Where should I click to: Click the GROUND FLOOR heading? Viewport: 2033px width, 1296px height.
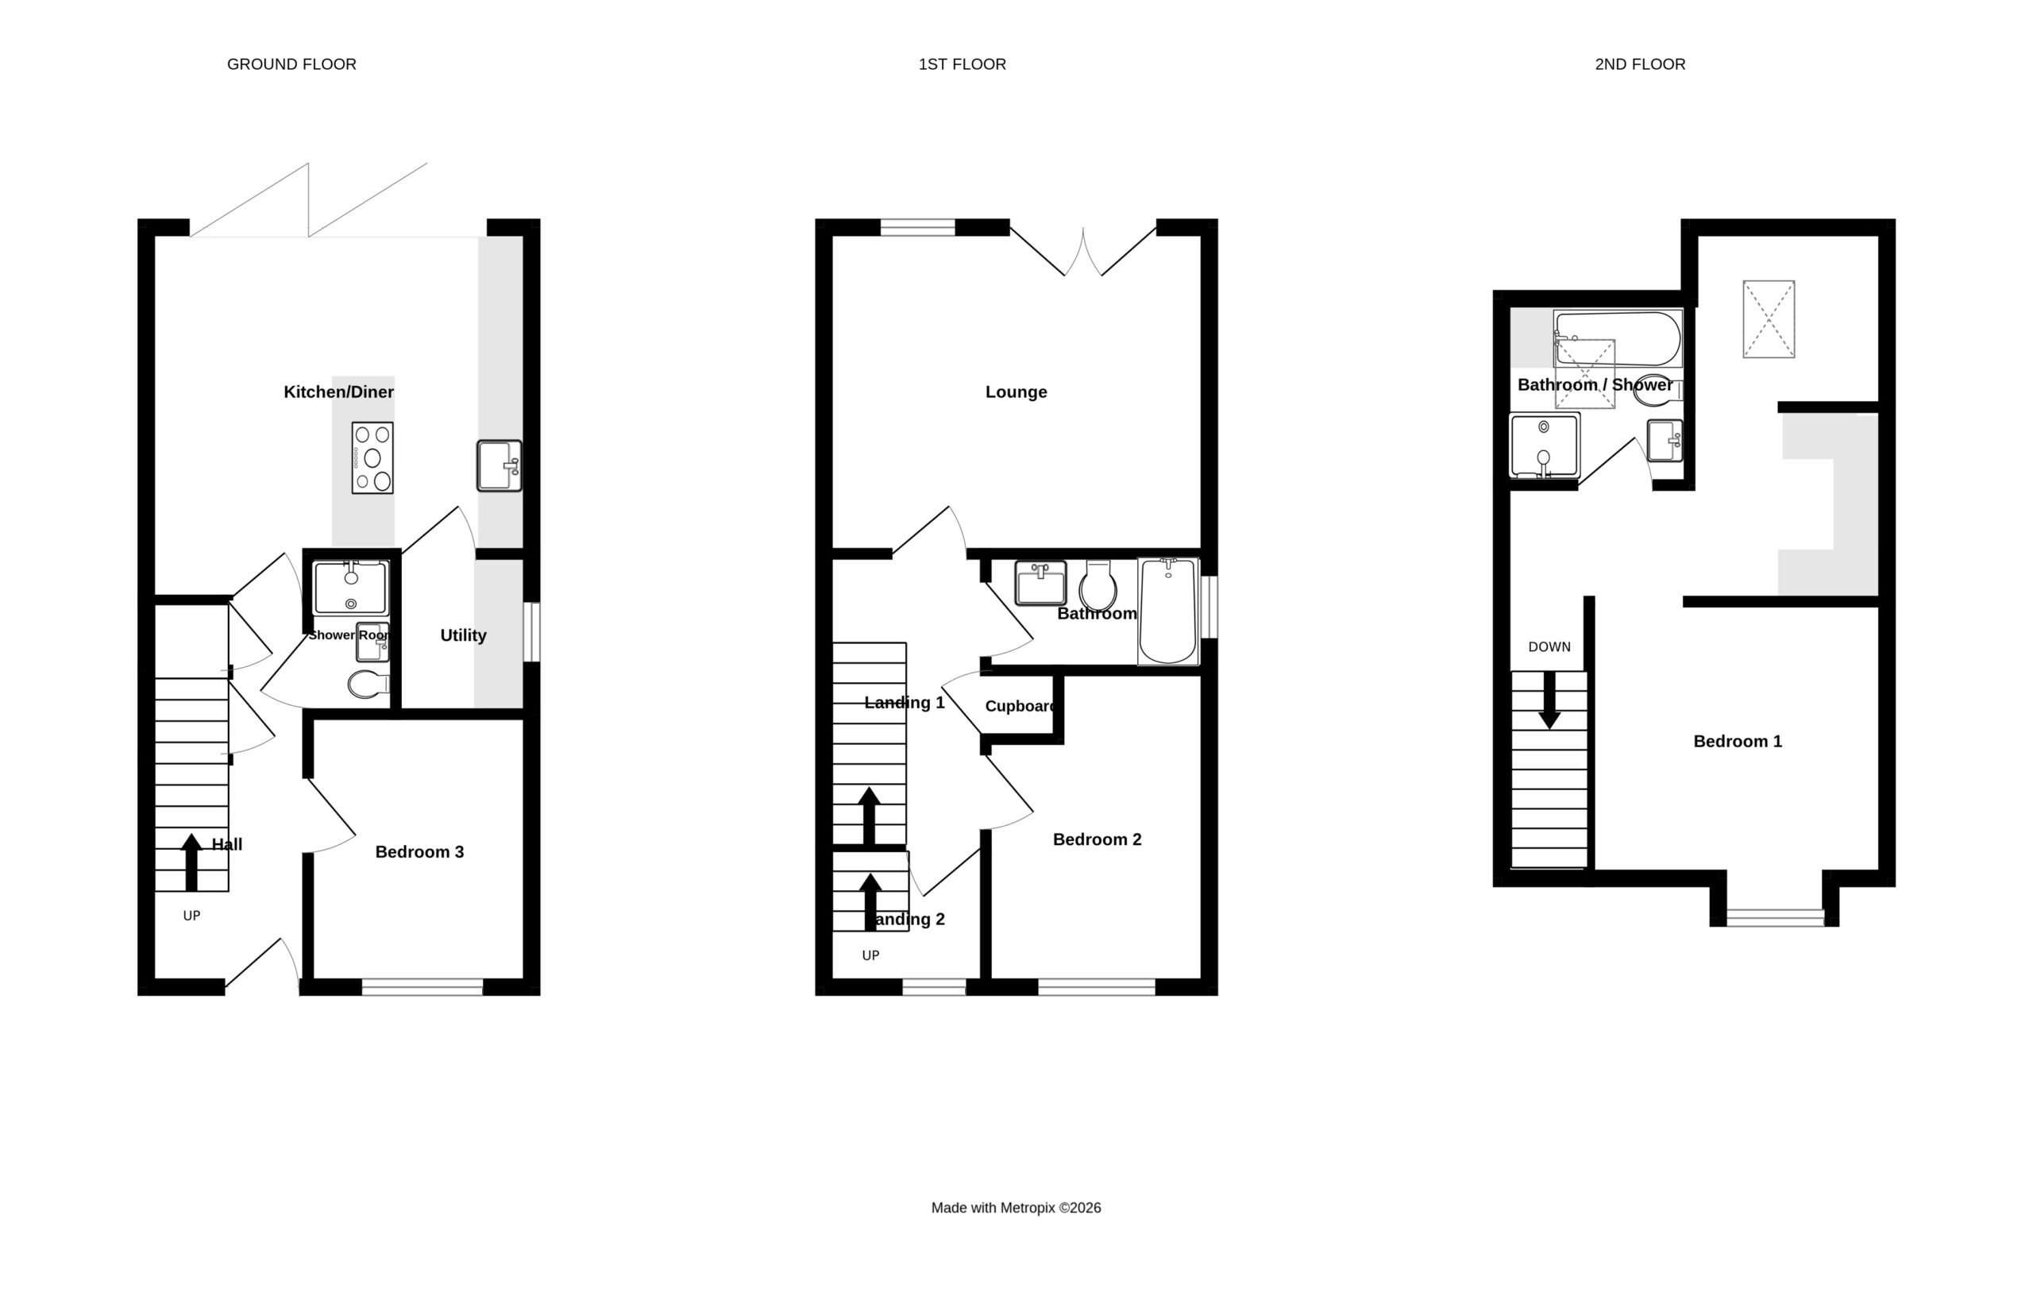[x=291, y=64]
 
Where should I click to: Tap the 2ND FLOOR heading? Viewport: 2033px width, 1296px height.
[x=1640, y=64]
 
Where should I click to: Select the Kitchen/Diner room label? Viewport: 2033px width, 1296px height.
[x=338, y=391]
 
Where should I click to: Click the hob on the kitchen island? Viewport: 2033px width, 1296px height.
[x=372, y=457]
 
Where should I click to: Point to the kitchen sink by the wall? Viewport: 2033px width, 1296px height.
[x=499, y=465]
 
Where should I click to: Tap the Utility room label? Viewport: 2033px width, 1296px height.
[x=463, y=635]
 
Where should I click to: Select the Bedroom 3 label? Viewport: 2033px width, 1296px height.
[x=419, y=852]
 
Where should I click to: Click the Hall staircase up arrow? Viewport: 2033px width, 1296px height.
[x=191, y=862]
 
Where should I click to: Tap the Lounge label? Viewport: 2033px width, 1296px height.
[x=1016, y=391]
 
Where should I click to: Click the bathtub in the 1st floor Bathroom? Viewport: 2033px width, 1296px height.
[x=1167, y=611]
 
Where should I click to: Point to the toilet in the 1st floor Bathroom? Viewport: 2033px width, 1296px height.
[x=1098, y=584]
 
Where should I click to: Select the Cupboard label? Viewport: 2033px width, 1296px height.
[x=1020, y=706]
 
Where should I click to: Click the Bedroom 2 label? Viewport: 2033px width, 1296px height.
[x=1097, y=839]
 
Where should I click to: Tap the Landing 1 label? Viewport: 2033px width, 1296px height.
[x=905, y=703]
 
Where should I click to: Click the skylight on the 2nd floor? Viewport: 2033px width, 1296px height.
[x=1769, y=319]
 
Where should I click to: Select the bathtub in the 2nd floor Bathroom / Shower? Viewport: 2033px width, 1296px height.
[x=1618, y=338]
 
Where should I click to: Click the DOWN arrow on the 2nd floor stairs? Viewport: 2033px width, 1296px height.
[x=1549, y=700]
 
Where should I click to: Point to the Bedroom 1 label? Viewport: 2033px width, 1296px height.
[x=1738, y=741]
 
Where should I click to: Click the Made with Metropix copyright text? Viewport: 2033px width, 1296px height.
[x=1016, y=1208]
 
